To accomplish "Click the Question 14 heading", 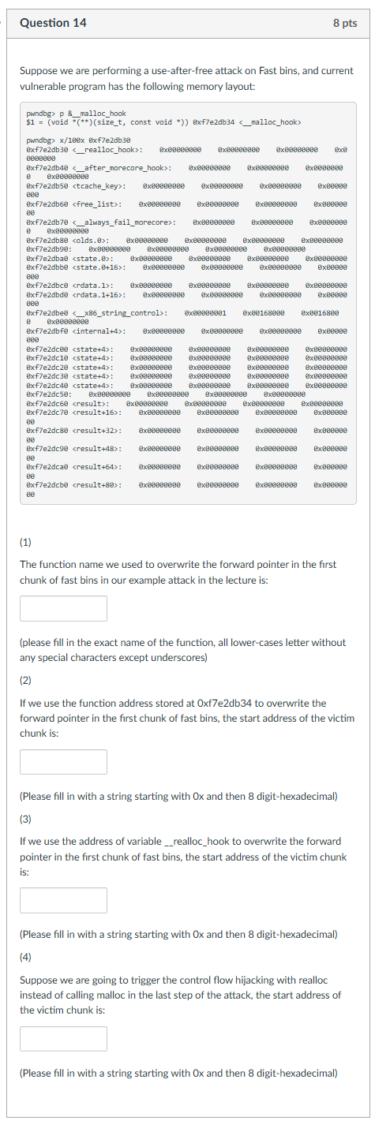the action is [53, 23].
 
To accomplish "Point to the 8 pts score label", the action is [345, 23].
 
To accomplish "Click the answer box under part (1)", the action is [63, 608].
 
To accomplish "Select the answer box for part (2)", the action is [63, 762].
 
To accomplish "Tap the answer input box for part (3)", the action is [63, 900].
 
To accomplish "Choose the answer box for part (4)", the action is [63, 1038].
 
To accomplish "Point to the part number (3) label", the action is [27, 819].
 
